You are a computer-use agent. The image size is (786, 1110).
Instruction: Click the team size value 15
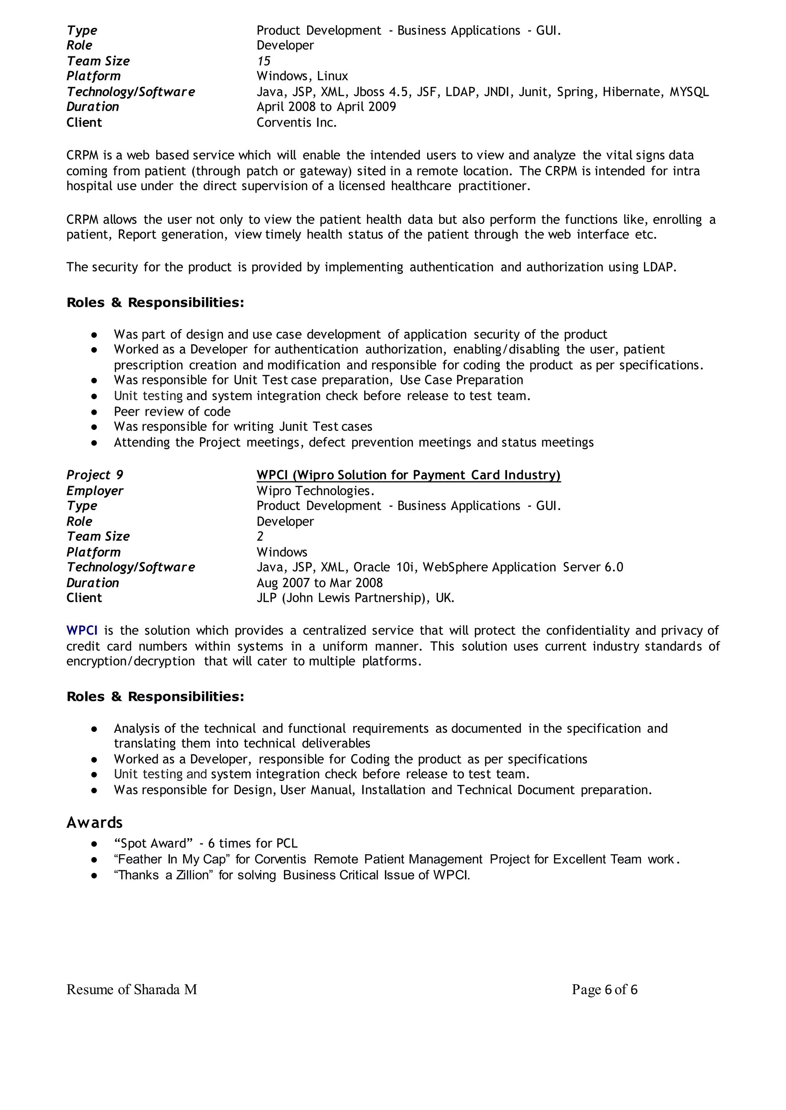point(263,61)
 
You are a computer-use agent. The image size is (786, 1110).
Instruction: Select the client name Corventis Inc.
point(296,122)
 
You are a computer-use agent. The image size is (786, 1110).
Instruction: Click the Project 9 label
point(94,475)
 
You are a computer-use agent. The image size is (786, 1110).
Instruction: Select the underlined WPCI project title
point(408,475)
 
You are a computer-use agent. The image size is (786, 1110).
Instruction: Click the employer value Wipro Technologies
point(315,491)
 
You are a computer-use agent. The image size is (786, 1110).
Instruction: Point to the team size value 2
point(260,536)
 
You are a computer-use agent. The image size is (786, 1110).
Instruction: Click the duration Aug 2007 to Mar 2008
point(319,583)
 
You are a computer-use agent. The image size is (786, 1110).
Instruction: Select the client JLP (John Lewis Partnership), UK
point(355,598)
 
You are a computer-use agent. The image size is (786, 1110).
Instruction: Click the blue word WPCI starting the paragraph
point(82,631)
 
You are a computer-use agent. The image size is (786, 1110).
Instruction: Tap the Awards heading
point(94,823)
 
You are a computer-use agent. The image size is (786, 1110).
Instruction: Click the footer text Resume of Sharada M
point(132,990)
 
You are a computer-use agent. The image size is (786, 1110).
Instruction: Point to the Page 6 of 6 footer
point(604,990)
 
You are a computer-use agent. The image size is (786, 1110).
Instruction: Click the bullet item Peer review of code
point(172,412)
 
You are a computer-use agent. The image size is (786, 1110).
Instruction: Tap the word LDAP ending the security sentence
point(659,267)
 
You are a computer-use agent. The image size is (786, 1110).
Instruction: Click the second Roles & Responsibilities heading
point(155,697)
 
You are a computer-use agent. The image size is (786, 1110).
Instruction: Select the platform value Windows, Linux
point(302,76)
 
